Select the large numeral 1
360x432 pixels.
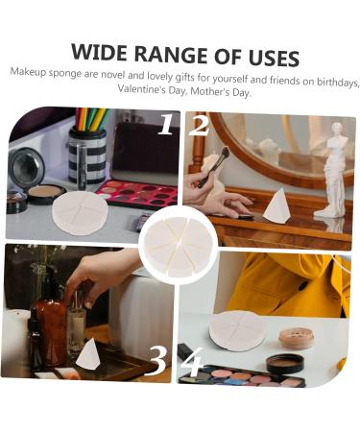[x=165, y=126]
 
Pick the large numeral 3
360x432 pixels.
[x=157, y=358]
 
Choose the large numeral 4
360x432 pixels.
[x=191, y=362]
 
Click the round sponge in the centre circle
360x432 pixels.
[x=180, y=246]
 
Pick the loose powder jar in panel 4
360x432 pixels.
[x=295, y=338]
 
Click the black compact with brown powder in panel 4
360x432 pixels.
[x=285, y=363]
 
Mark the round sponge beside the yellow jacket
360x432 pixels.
[x=235, y=329]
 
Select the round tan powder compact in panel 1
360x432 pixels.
[x=46, y=194]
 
